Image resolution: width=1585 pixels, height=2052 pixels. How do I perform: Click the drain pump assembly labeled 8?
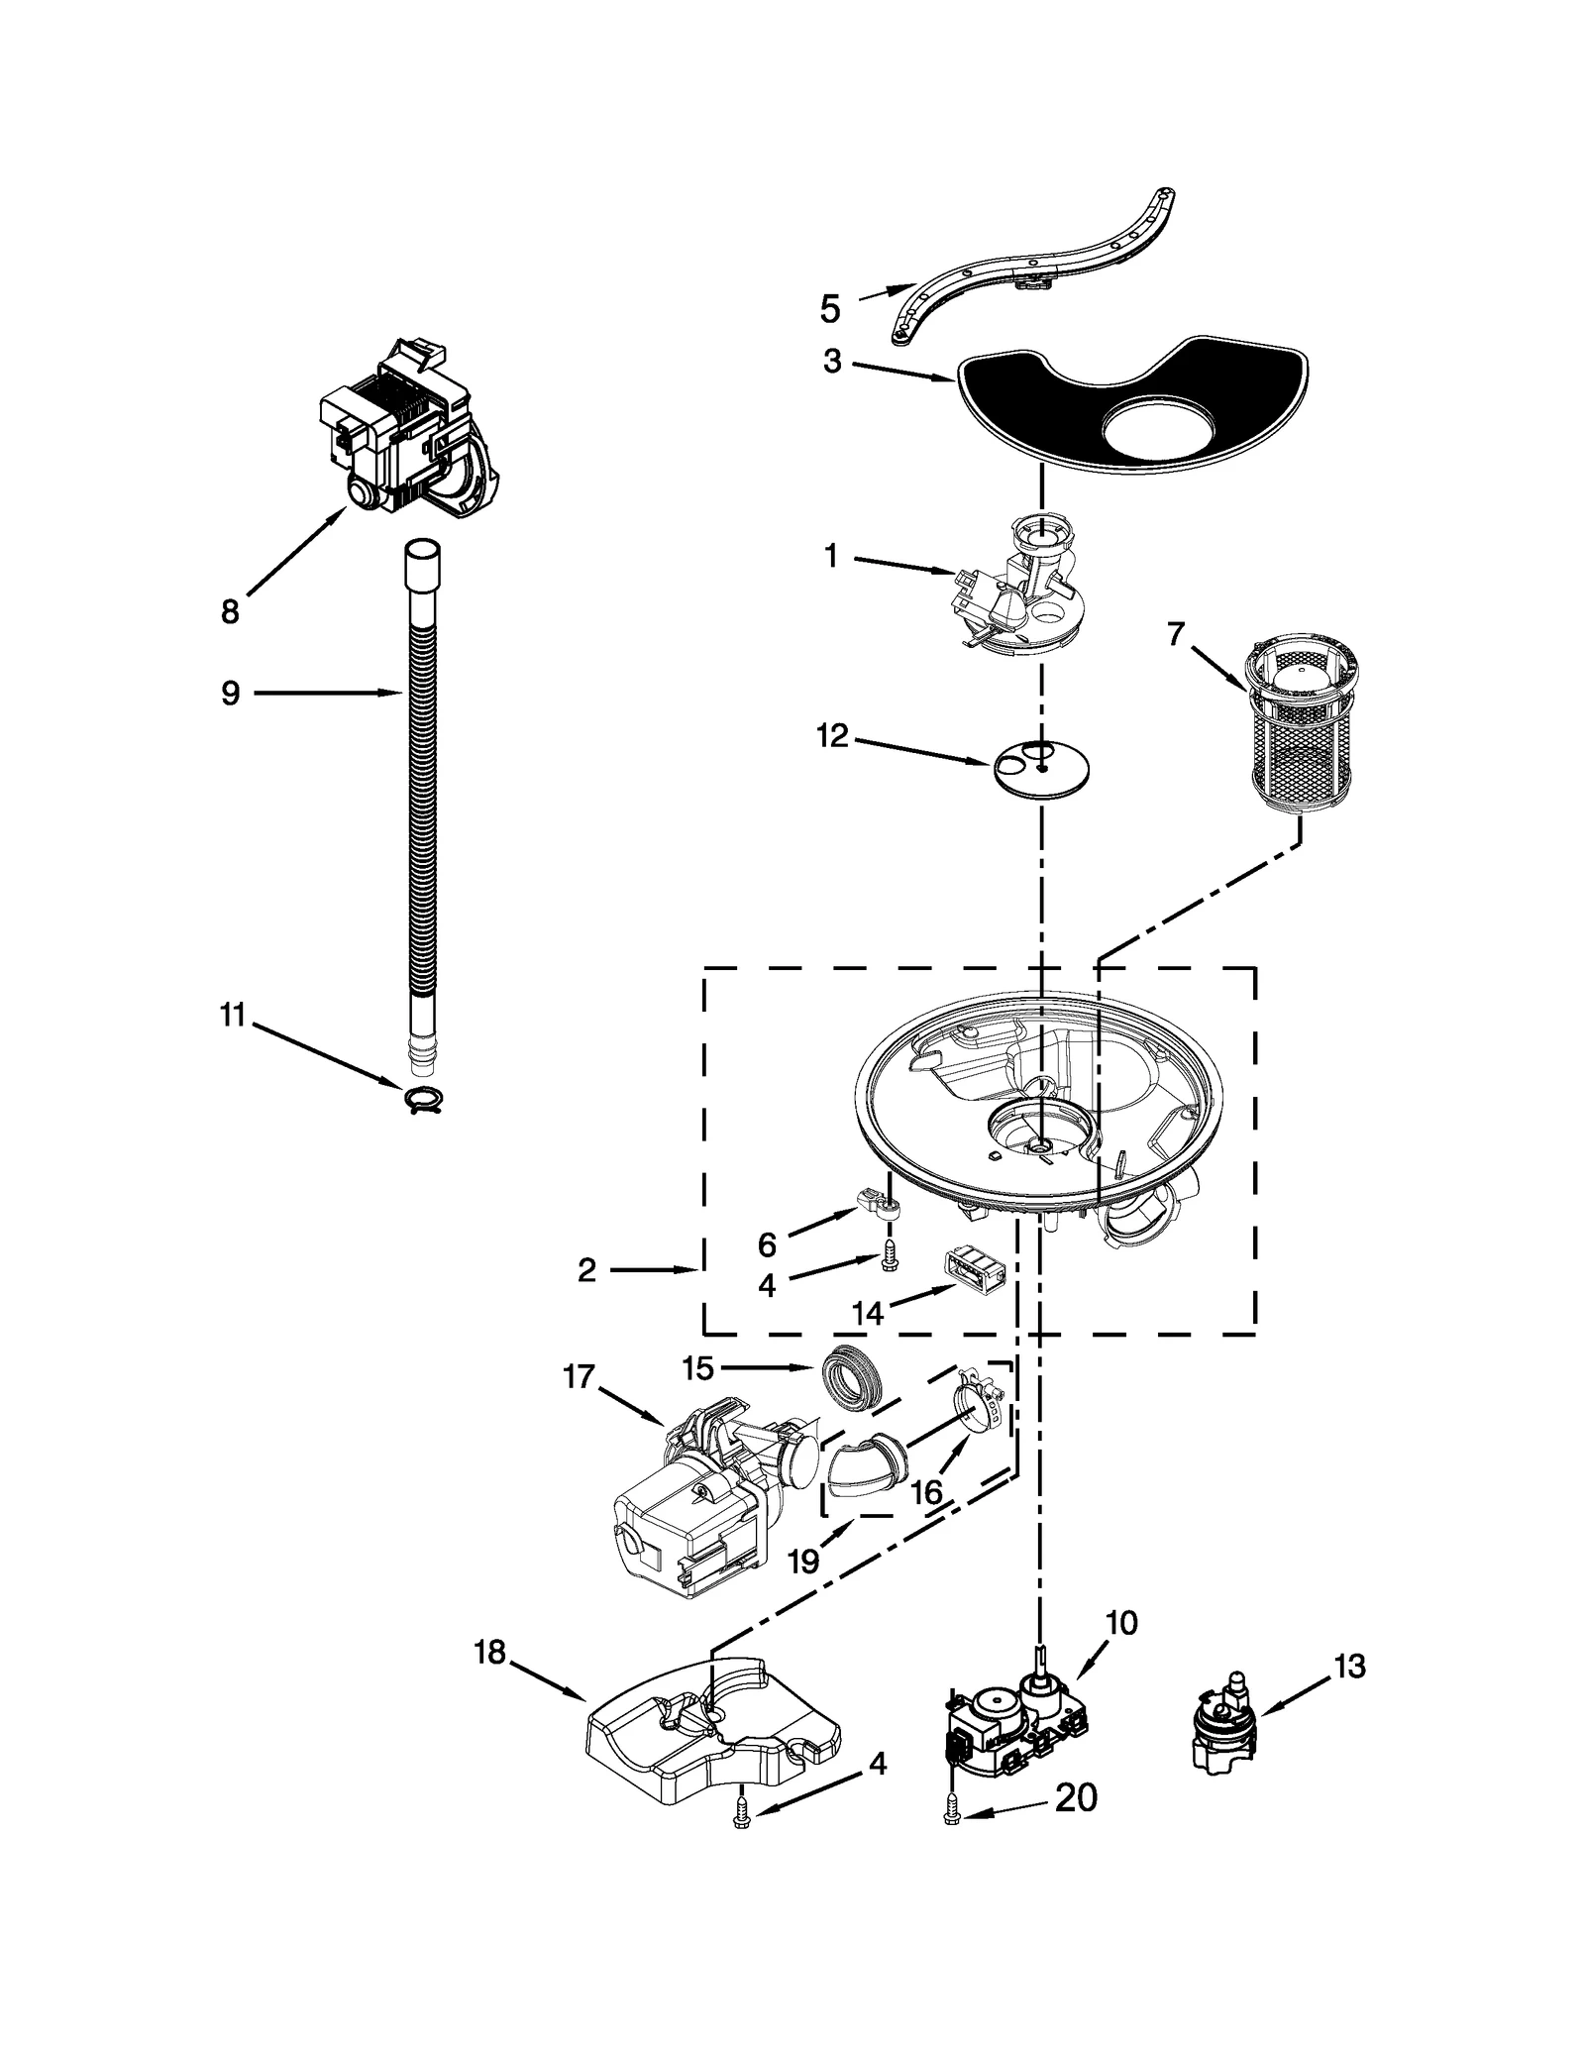(408, 434)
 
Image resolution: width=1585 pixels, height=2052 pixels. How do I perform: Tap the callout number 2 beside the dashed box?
(586, 1270)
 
